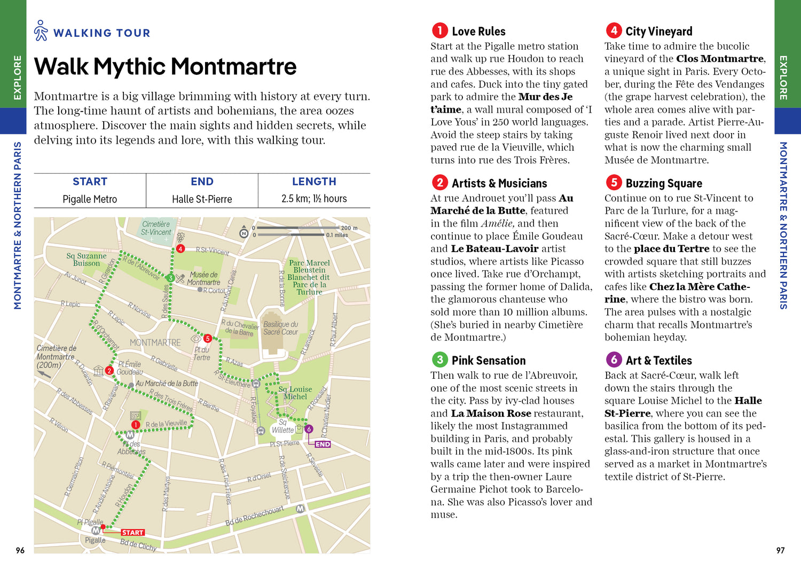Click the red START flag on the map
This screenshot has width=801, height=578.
click(132, 533)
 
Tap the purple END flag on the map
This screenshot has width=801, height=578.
click(323, 444)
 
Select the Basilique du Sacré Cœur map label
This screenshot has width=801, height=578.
click(280, 328)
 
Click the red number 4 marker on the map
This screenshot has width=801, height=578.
click(180, 249)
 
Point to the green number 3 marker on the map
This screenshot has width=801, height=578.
click(170, 278)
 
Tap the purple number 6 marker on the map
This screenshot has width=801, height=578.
click(309, 429)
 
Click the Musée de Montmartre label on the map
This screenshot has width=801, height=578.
click(203, 278)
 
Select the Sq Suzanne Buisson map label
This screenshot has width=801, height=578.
click(87, 260)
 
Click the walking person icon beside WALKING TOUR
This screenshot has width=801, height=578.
click(41, 31)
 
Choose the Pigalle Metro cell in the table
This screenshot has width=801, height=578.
click(90, 199)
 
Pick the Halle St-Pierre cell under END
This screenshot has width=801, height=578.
click(202, 199)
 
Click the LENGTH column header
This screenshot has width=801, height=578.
click(314, 182)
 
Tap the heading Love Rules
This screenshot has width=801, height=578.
click(478, 32)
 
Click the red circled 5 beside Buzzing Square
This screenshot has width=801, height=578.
click(614, 183)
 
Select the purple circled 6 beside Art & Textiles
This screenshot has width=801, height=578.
click(614, 360)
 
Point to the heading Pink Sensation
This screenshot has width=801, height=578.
click(489, 361)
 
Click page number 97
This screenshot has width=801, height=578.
click(780, 550)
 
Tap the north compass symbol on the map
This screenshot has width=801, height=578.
click(244, 233)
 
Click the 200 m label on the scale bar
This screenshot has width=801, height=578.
click(349, 228)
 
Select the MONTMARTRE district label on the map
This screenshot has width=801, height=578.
click(155, 342)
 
